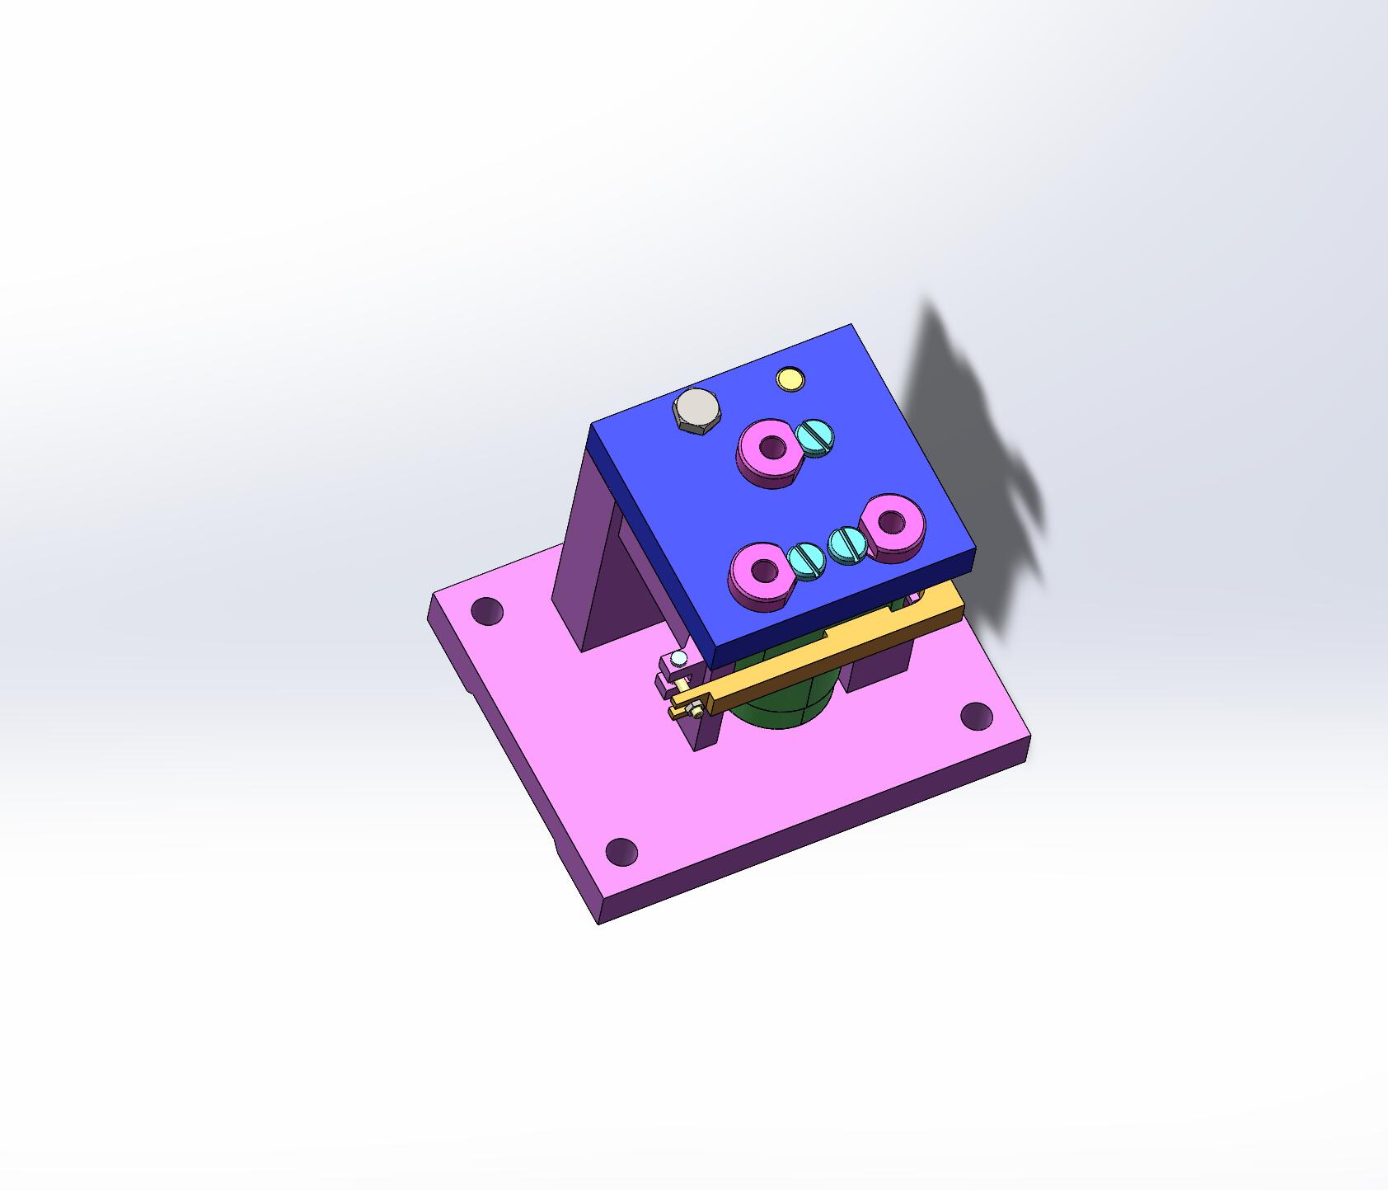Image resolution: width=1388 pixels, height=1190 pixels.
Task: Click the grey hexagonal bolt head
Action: click(697, 409)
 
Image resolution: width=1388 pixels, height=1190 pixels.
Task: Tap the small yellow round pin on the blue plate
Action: click(790, 379)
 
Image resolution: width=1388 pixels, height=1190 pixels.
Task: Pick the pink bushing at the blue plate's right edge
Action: click(893, 526)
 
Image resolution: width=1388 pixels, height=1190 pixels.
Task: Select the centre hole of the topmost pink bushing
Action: click(772, 448)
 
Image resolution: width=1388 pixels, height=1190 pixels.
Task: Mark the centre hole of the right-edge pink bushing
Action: click(892, 521)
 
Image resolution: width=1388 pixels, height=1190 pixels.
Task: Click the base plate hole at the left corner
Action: click(486, 610)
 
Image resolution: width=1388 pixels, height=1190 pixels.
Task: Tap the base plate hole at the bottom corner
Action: click(621, 851)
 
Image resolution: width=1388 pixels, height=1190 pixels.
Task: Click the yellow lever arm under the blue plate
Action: click(824, 651)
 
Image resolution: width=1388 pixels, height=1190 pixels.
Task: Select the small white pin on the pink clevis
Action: click(678, 657)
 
